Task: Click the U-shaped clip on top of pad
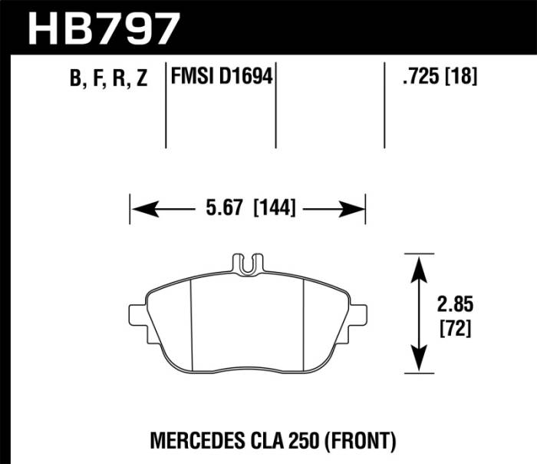pos(247,263)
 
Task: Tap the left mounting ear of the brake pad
pos(137,315)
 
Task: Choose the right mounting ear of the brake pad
pos(358,315)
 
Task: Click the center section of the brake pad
pos(247,323)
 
